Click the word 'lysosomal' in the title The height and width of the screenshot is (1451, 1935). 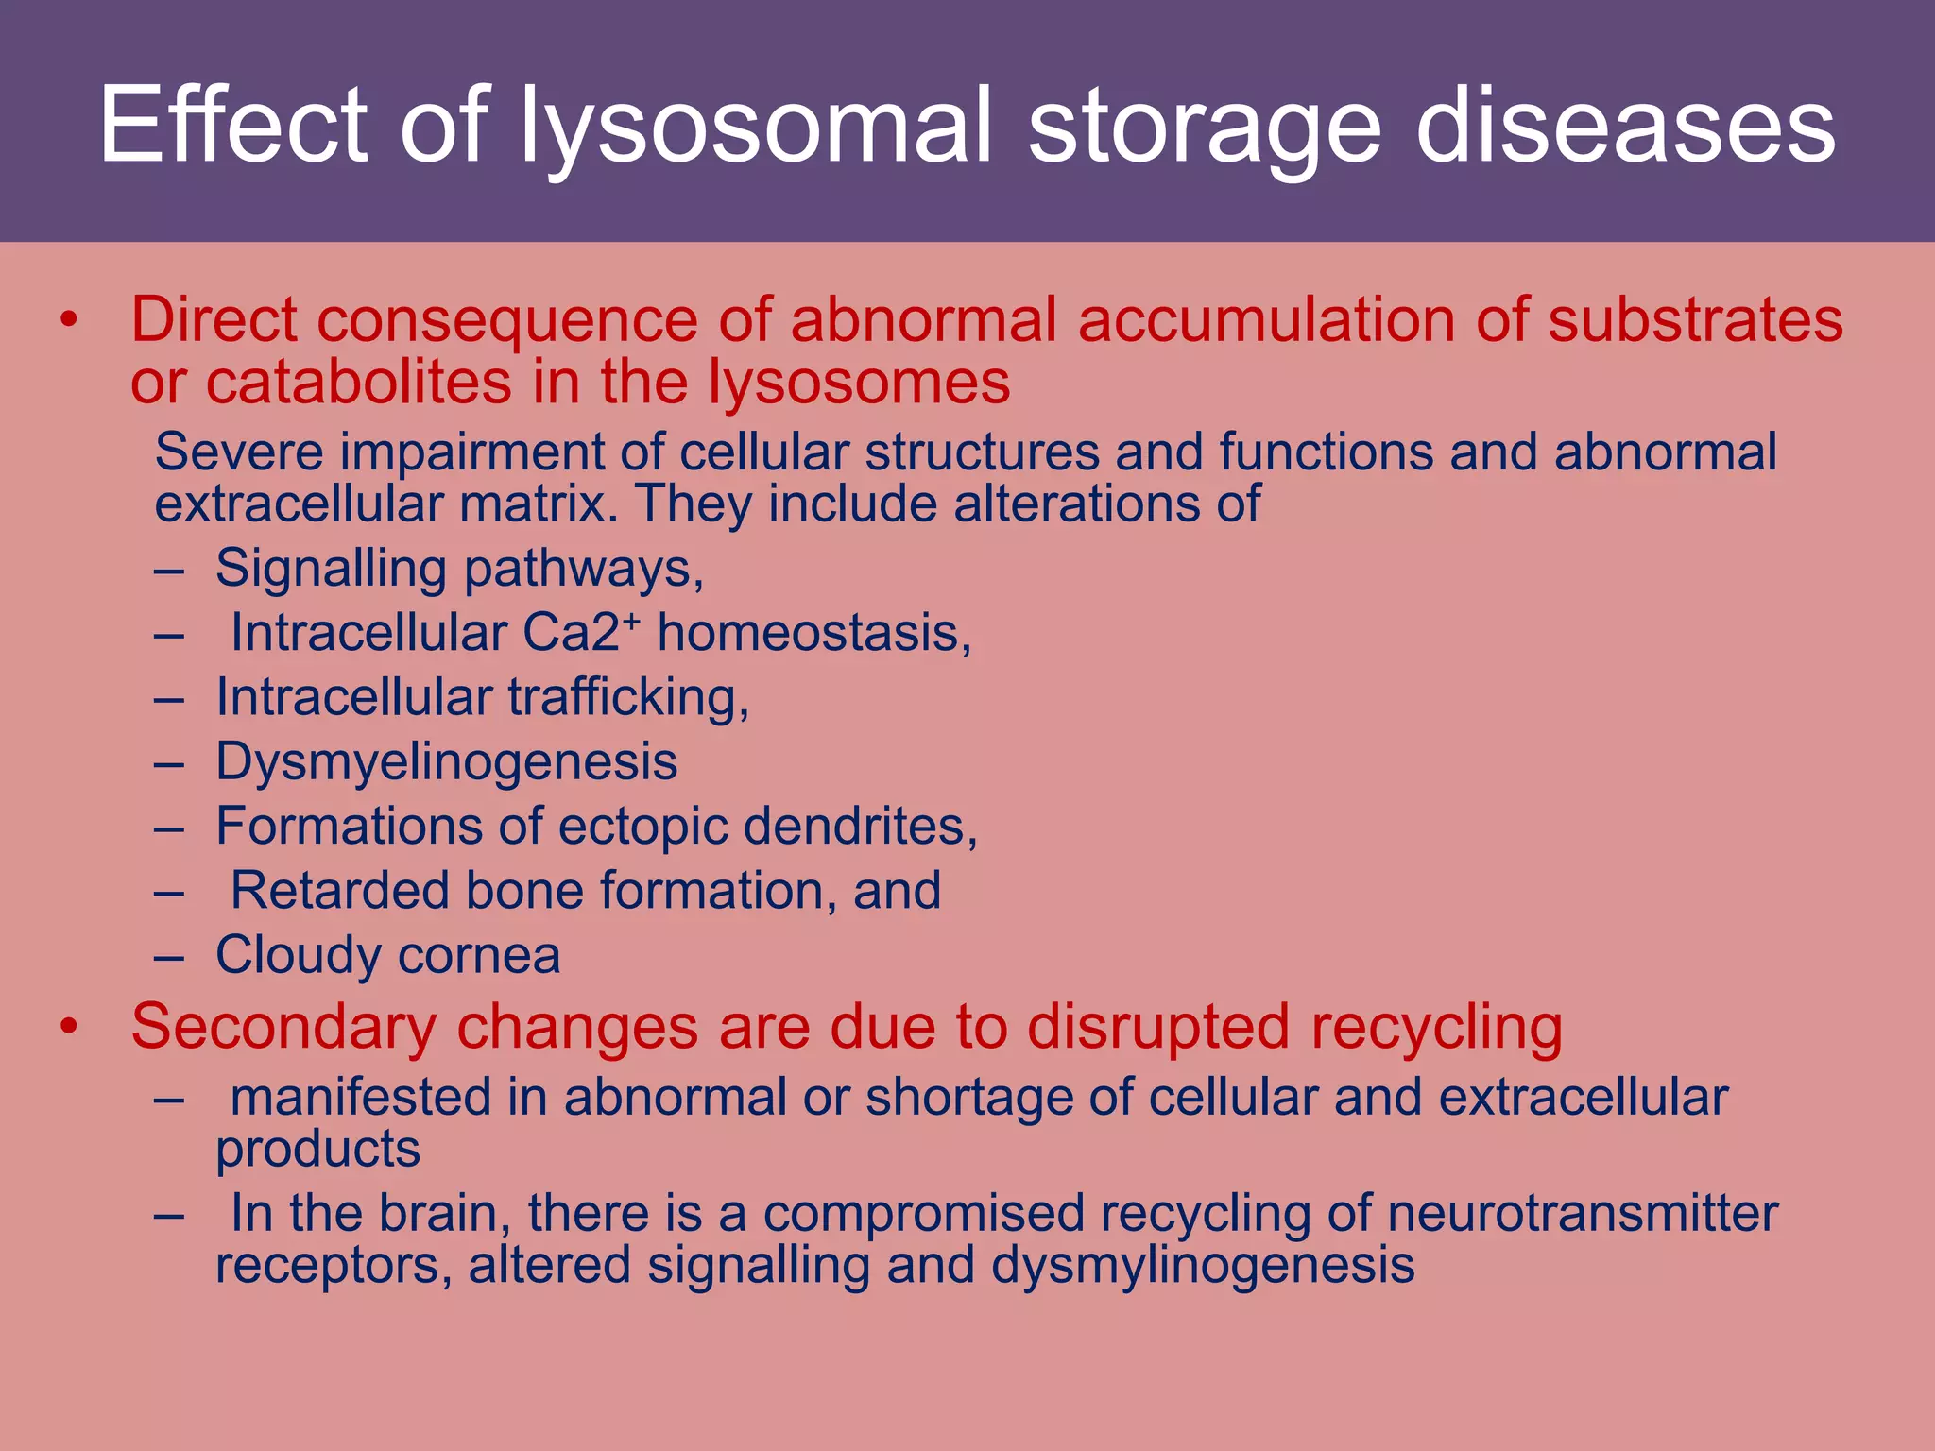pos(756,128)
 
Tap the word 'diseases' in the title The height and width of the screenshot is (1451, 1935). pos(1625,128)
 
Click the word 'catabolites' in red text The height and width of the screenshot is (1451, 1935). pos(359,383)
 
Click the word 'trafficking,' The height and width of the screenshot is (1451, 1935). pos(628,698)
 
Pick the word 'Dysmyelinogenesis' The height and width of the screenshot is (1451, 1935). pos(446,762)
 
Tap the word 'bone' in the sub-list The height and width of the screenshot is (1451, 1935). pos(524,891)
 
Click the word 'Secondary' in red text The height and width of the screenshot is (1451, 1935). pos(283,1027)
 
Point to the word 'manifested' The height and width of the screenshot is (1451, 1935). pos(361,1098)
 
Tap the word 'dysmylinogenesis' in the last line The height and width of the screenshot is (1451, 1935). pos(1202,1266)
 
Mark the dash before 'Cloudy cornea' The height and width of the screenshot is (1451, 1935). pos(168,957)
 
